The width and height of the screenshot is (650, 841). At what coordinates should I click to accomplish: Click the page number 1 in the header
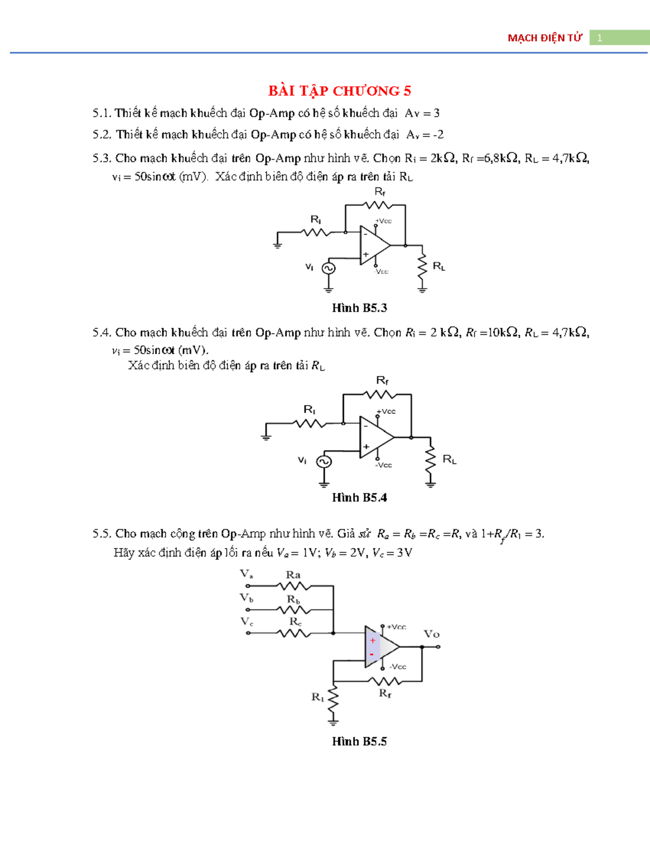point(600,38)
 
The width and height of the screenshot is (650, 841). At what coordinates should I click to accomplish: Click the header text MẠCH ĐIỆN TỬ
point(544,38)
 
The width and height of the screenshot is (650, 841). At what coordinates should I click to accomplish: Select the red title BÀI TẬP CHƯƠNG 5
point(340,90)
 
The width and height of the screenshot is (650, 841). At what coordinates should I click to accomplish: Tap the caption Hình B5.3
point(359,308)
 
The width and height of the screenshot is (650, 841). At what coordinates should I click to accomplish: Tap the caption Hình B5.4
point(359,498)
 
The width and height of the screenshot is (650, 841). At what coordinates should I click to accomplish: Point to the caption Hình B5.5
point(359,741)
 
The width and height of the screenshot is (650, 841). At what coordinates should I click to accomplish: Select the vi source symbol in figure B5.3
point(328,268)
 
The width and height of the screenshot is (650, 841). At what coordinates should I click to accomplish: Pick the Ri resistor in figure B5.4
point(310,423)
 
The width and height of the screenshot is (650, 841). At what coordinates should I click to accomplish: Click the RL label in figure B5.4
point(450,459)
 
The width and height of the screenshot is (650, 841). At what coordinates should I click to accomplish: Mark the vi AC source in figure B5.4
point(324,461)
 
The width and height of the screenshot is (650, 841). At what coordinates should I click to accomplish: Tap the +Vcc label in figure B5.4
point(387,412)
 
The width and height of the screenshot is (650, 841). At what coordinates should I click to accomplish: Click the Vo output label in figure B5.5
point(431,634)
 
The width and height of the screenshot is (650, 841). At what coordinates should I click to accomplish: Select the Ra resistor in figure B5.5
point(293,586)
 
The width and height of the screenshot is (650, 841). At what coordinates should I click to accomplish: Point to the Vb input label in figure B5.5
point(246,598)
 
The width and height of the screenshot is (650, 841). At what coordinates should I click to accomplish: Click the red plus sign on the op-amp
point(373,641)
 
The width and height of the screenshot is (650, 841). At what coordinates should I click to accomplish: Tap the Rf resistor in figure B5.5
point(385,681)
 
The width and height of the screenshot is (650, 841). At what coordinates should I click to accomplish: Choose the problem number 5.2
point(102,134)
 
